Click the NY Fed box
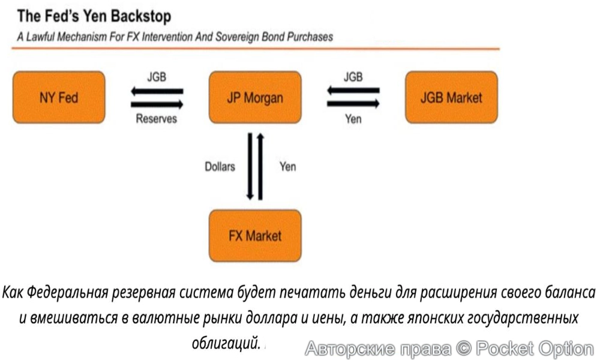(x=59, y=97)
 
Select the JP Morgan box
(x=255, y=97)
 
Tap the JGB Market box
(x=451, y=97)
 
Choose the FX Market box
(x=255, y=235)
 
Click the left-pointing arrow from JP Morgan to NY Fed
(x=157, y=92)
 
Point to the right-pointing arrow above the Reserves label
(x=157, y=104)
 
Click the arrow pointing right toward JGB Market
(x=353, y=104)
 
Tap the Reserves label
(x=157, y=119)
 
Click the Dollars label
(x=220, y=166)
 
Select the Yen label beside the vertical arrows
(x=287, y=166)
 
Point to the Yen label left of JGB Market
(x=353, y=119)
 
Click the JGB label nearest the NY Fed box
(x=157, y=77)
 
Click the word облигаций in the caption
(x=227, y=344)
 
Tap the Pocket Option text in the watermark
(x=534, y=348)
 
